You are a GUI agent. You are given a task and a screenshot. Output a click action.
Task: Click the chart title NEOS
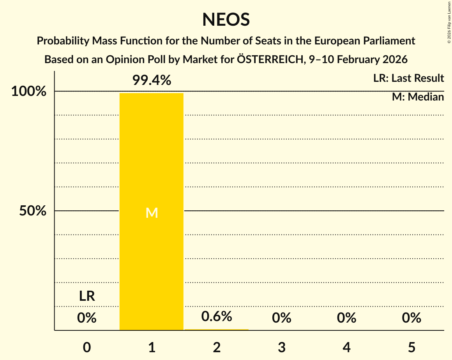pos(226,19)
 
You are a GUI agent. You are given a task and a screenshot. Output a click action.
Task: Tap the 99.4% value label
pos(152,80)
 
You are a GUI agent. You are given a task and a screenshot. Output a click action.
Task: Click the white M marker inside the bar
pos(152,213)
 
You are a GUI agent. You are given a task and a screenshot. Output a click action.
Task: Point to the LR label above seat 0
pos(87,296)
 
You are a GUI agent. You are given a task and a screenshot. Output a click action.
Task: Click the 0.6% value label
pos(217,316)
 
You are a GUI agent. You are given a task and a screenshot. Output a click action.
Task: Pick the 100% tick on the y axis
pos(29,92)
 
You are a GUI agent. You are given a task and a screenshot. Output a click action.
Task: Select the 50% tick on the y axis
pos(33,211)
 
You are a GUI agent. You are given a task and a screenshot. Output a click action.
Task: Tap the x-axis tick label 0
pos(87,347)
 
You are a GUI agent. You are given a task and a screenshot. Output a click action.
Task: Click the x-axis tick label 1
pos(152,347)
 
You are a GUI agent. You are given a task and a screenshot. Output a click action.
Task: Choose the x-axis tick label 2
pos(217,347)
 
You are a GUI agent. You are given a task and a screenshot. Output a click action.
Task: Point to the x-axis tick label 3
pos(282,347)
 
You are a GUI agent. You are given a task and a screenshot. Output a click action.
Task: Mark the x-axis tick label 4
pos(347,347)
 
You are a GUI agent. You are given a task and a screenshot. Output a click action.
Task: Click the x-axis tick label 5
pos(411,347)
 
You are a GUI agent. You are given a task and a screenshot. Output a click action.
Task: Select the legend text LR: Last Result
pos(408,78)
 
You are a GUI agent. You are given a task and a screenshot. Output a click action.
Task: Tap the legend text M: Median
pos(418,97)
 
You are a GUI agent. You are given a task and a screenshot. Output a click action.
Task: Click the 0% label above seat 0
pos(87,318)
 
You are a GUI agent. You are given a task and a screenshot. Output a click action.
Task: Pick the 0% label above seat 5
pos(411,318)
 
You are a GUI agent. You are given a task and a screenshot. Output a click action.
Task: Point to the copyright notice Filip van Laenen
pos(449,22)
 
